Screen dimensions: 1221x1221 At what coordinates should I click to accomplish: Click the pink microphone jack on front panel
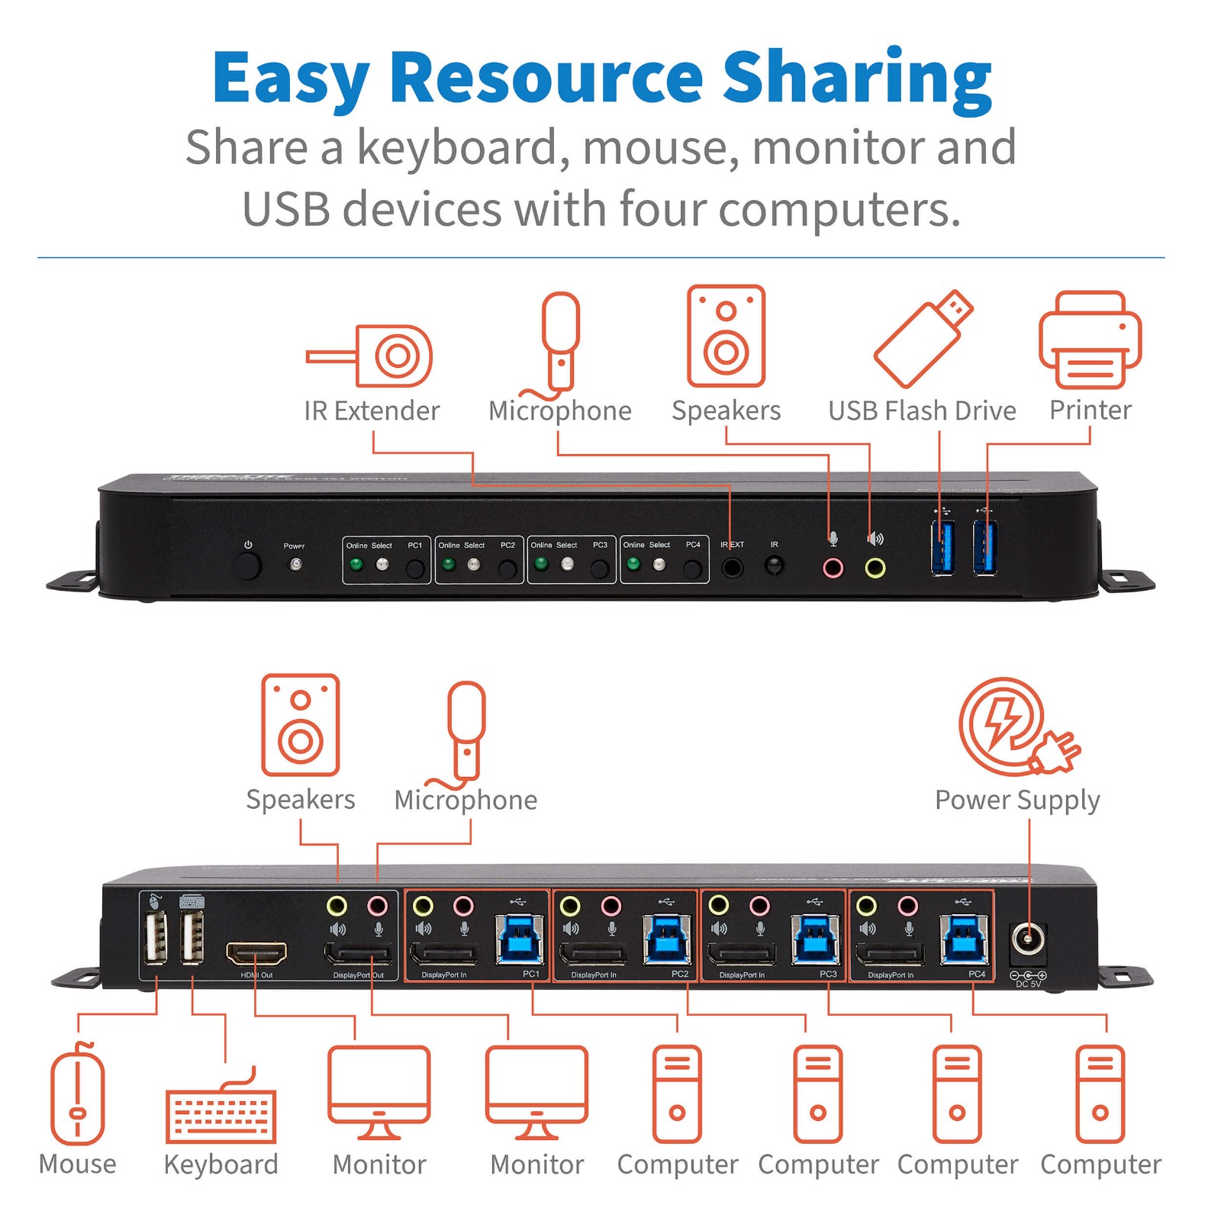pyautogui.click(x=833, y=568)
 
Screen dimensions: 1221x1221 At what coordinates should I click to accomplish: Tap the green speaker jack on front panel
pyautogui.click(x=875, y=568)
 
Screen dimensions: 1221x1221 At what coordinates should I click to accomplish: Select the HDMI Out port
pyautogui.click(x=256, y=953)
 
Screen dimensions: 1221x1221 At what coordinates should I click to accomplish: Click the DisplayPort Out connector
pyautogui.click(x=358, y=954)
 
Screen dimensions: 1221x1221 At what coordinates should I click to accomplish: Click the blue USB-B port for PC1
pyautogui.click(x=520, y=940)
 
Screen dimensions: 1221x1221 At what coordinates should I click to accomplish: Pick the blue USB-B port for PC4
pyautogui.click(x=965, y=940)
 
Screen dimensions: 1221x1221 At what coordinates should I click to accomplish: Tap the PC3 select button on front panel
pyautogui.click(x=600, y=568)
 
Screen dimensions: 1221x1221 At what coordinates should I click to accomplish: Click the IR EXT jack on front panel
pyautogui.click(x=732, y=568)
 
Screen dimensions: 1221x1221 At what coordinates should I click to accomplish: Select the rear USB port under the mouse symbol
pyautogui.click(x=155, y=938)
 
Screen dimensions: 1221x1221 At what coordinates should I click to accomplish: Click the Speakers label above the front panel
pyautogui.click(x=726, y=411)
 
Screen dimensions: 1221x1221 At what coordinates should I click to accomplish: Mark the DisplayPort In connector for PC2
pyautogui.click(x=592, y=954)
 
